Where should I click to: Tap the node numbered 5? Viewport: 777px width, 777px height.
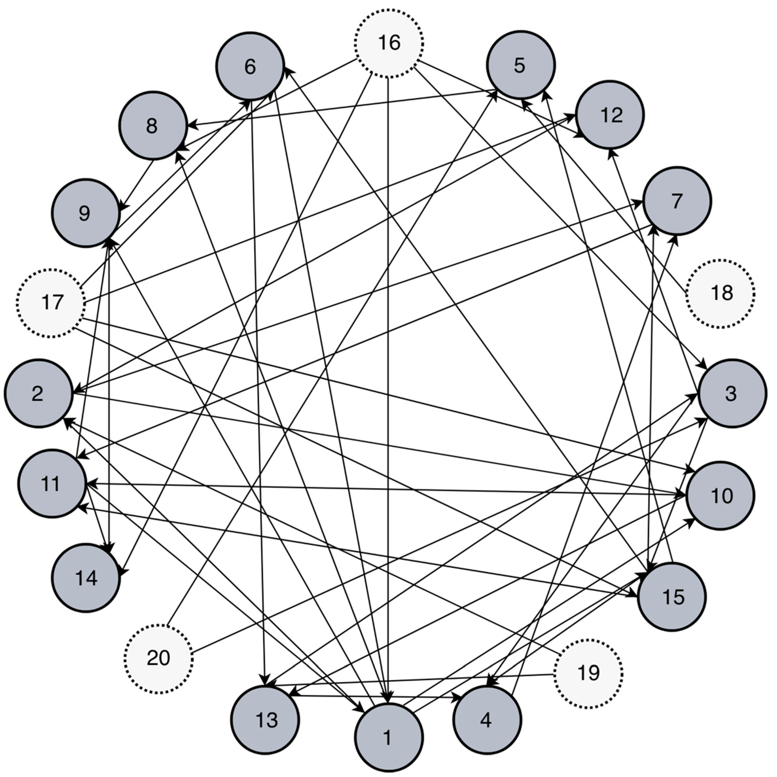click(520, 65)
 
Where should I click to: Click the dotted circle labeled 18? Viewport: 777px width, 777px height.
click(721, 293)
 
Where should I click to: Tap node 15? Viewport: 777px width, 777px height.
click(672, 597)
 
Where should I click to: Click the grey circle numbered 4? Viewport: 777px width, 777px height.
click(487, 720)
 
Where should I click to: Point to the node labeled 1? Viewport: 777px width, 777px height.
click(388, 738)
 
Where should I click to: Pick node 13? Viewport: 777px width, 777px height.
click(266, 720)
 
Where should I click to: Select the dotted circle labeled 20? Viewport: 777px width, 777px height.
click(158, 658)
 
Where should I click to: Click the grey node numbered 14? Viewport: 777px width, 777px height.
click(86, 578)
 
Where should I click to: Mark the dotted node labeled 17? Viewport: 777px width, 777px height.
click(51, 303)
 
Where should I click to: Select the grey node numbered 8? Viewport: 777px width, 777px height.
click(153, 125)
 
